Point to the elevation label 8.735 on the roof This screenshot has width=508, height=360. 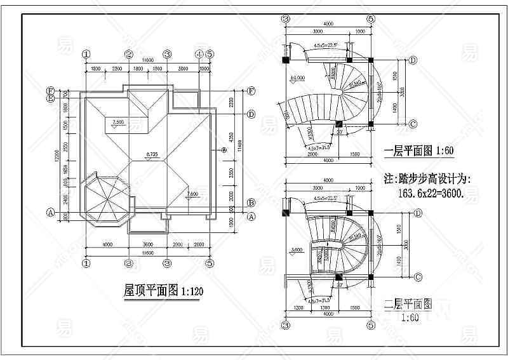151,154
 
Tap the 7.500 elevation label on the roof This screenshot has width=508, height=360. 118,121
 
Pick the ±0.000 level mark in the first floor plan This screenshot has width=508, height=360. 296,79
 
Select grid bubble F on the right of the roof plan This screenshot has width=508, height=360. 251,91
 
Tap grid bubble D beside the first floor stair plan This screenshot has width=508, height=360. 413,60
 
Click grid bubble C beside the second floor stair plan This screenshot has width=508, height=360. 418,277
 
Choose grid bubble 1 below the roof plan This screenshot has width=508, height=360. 86,262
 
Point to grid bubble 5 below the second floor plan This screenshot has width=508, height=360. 371,325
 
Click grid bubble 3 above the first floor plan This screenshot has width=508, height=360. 286,18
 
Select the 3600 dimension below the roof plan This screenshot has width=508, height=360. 147,244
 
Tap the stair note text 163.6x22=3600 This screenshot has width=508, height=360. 432,194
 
